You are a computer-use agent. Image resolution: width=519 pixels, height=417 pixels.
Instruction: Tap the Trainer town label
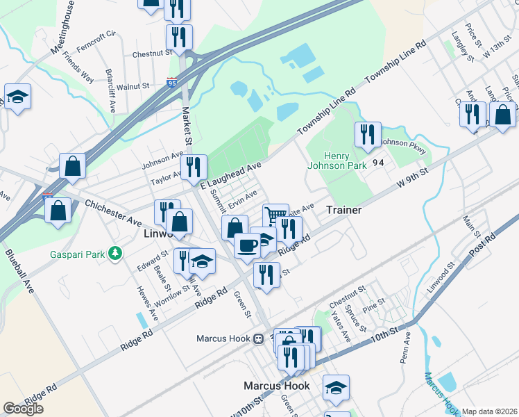click(x=343, y=209)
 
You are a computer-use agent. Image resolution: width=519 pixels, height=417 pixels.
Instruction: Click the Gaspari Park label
click(x=76, y=254)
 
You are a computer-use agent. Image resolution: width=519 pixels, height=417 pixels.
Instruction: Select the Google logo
click(x=23, y=409)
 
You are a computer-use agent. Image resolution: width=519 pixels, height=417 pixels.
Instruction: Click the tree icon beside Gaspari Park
click(x=114, y=254)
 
